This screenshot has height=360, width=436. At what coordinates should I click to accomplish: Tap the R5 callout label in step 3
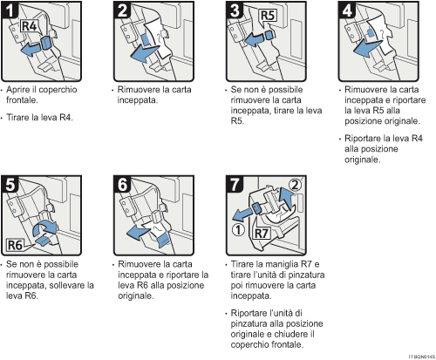[267, 16]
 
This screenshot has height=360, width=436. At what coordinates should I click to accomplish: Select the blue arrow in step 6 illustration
[137, 231]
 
